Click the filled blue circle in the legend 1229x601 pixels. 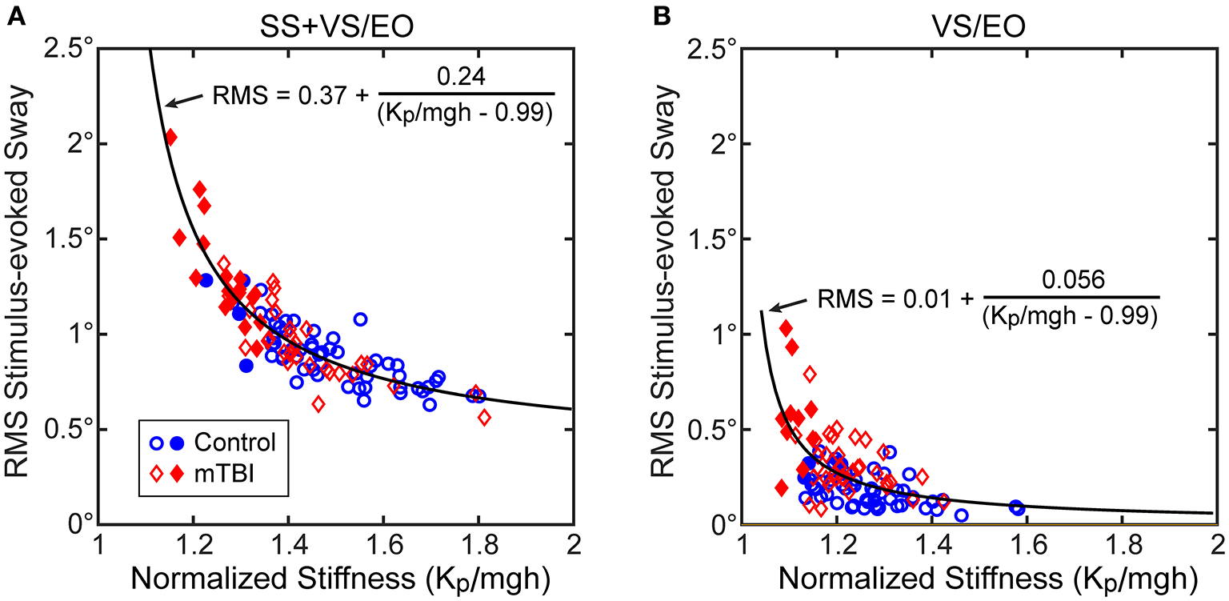(180, 442)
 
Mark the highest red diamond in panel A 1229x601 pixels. (170, 138)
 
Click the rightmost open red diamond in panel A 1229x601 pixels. (484, 416)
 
